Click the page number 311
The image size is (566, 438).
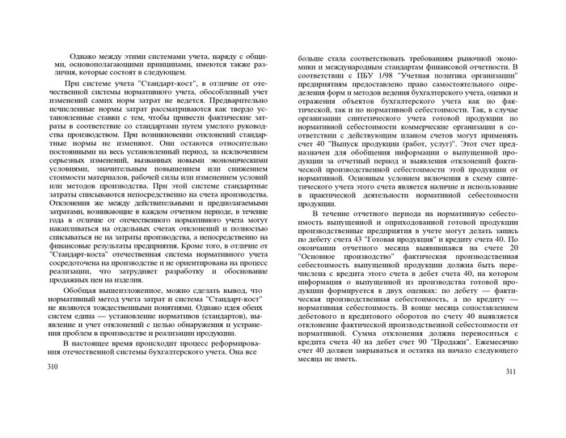pyautogui.click(x=509, y=372)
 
